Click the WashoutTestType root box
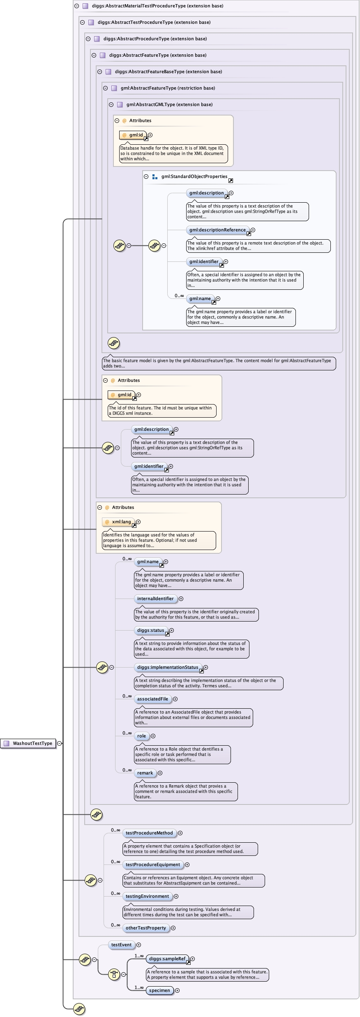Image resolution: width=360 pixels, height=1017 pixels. point(28,743)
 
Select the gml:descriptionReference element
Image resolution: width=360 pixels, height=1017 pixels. point(217,230)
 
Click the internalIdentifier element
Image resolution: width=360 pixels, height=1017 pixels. point(155,599)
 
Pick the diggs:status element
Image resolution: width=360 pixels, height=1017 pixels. point(150,631)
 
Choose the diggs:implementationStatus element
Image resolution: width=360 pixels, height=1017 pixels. point(168,668)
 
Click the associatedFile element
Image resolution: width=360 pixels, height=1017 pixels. point(152,699)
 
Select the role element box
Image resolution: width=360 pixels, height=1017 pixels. point(141,736)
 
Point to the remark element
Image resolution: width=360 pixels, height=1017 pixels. point(145,773)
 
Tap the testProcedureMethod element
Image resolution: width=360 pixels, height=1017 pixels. point(149,833)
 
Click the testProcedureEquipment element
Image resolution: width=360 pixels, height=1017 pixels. point(153,865)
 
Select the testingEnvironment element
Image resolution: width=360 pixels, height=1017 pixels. point(147,897)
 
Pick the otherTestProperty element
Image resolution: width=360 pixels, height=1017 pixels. point(146,928)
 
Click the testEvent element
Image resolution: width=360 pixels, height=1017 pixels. point(121,945)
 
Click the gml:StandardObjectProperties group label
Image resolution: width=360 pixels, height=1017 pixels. point(194,177)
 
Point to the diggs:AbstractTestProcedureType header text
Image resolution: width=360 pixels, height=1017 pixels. point(154,22)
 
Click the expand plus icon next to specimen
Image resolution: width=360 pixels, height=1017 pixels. point(178,991)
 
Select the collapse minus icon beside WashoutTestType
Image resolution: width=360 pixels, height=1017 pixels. point(60,743)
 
